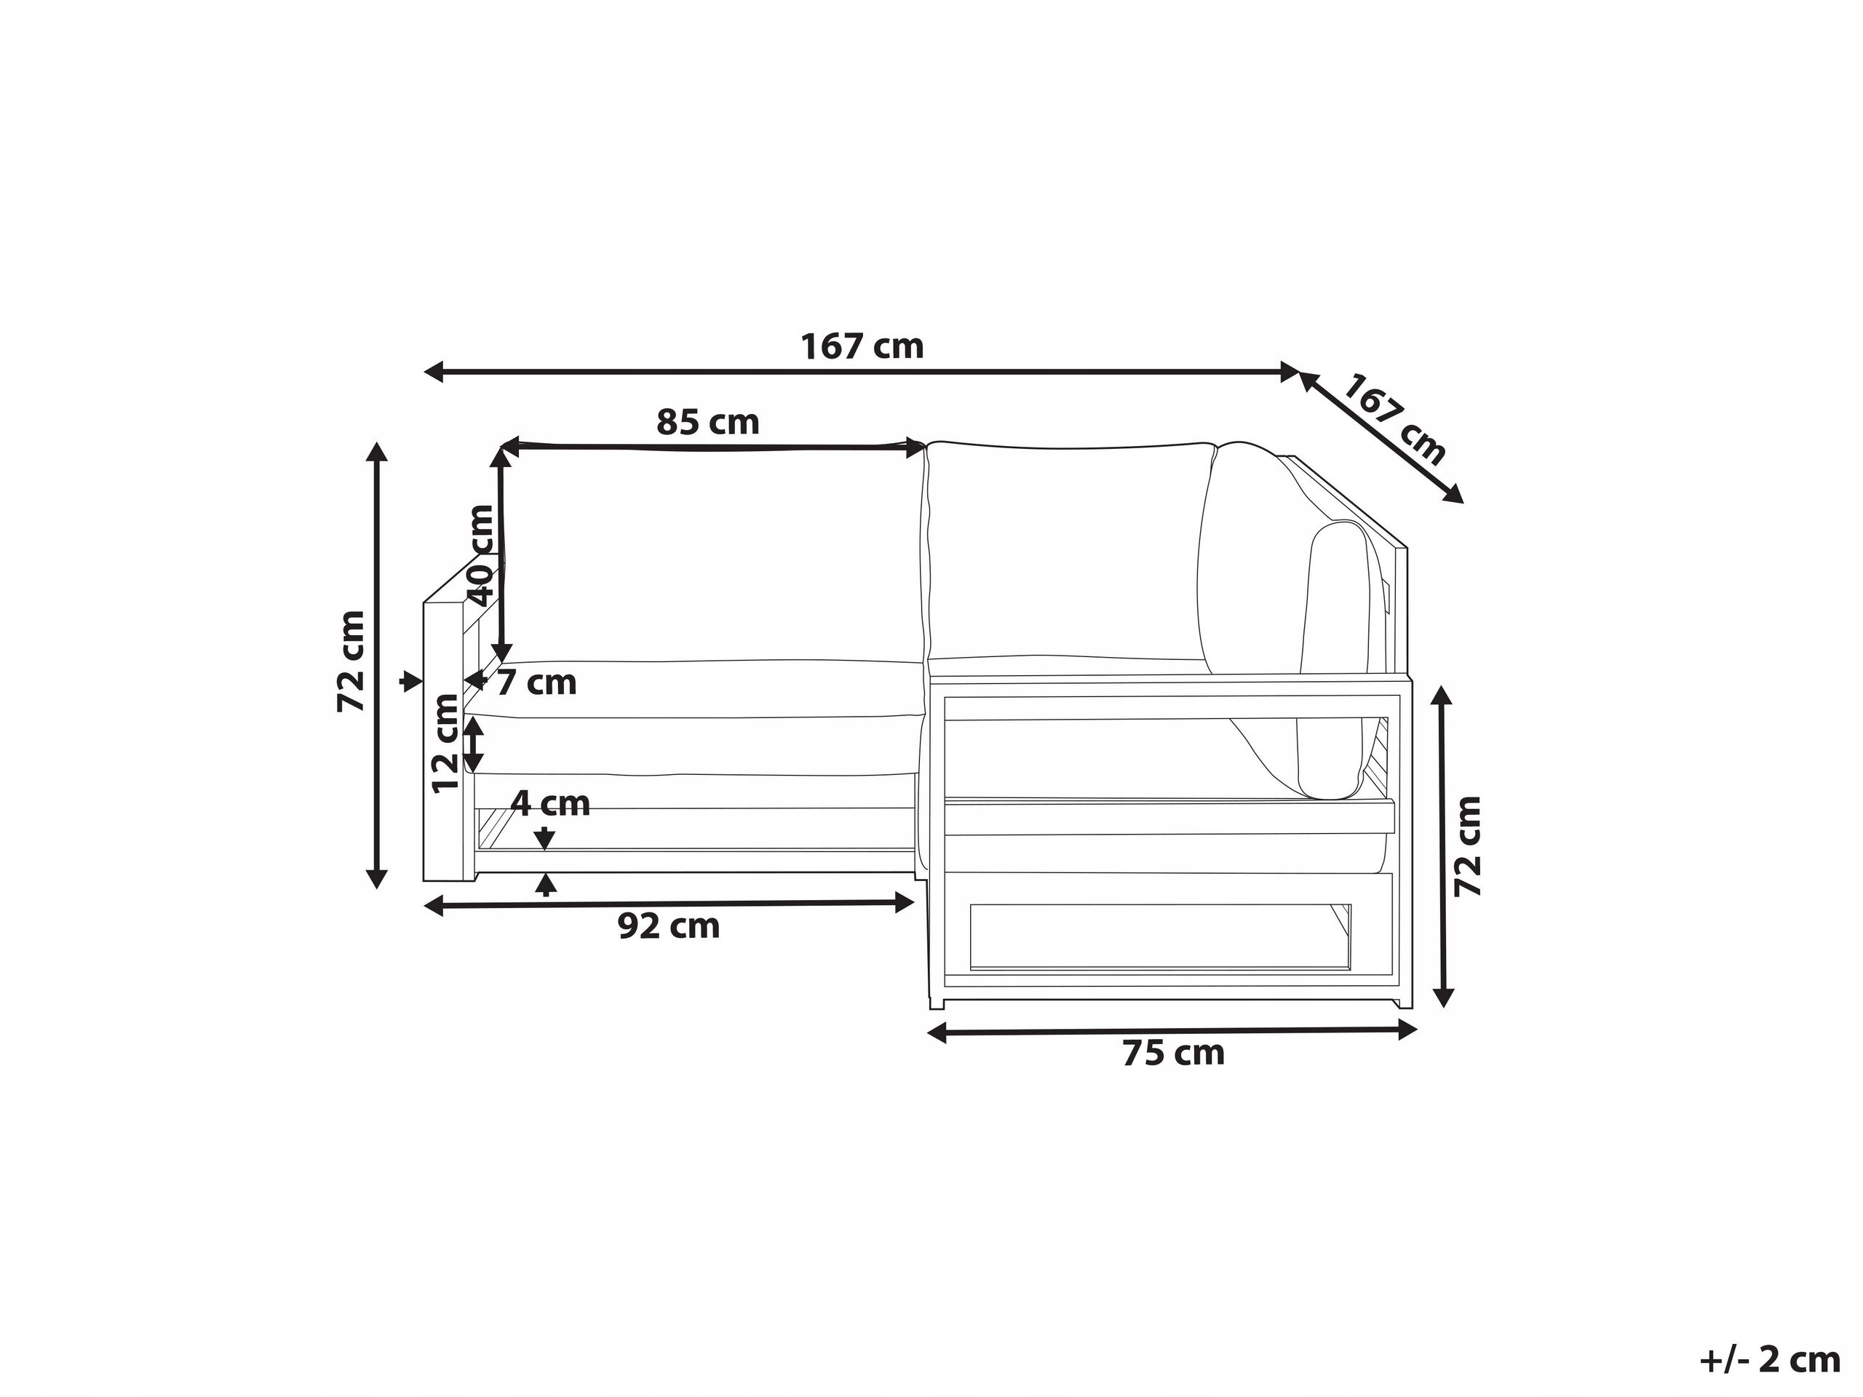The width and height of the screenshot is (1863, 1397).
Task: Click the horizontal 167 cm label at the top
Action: click(x=862, y=346)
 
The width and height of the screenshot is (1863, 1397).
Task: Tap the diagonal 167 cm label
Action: click(x=1394, y=418)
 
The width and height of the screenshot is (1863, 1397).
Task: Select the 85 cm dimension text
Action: click(x=707, y=421)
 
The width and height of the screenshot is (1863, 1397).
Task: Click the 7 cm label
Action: click(x=536, y=682)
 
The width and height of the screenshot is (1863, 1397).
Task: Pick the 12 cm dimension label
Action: click(x=445, y=743)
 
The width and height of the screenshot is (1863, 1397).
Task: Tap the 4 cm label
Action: click(x=550, y=803)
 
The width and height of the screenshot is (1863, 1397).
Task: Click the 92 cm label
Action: click(x=669, y=926)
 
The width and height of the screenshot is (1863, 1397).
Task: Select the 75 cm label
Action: click(x=1173, y=1053)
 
